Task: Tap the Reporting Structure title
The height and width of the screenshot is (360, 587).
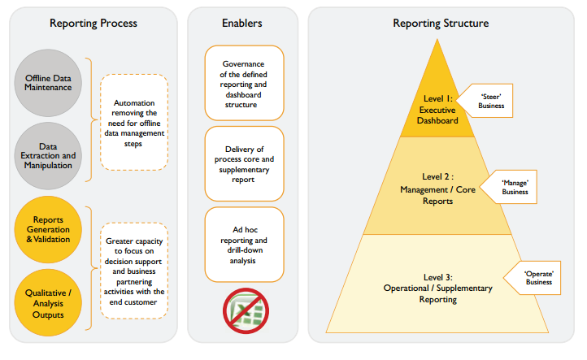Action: (441, 23)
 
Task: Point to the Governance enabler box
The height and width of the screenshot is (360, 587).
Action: (244, 83)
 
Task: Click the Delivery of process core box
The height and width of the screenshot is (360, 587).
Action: (244, 163)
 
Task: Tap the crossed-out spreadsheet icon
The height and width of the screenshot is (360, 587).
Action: (244, 310)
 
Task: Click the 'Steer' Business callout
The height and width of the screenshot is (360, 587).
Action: (491, 100)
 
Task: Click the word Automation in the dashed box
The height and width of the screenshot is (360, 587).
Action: (134, 104)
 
